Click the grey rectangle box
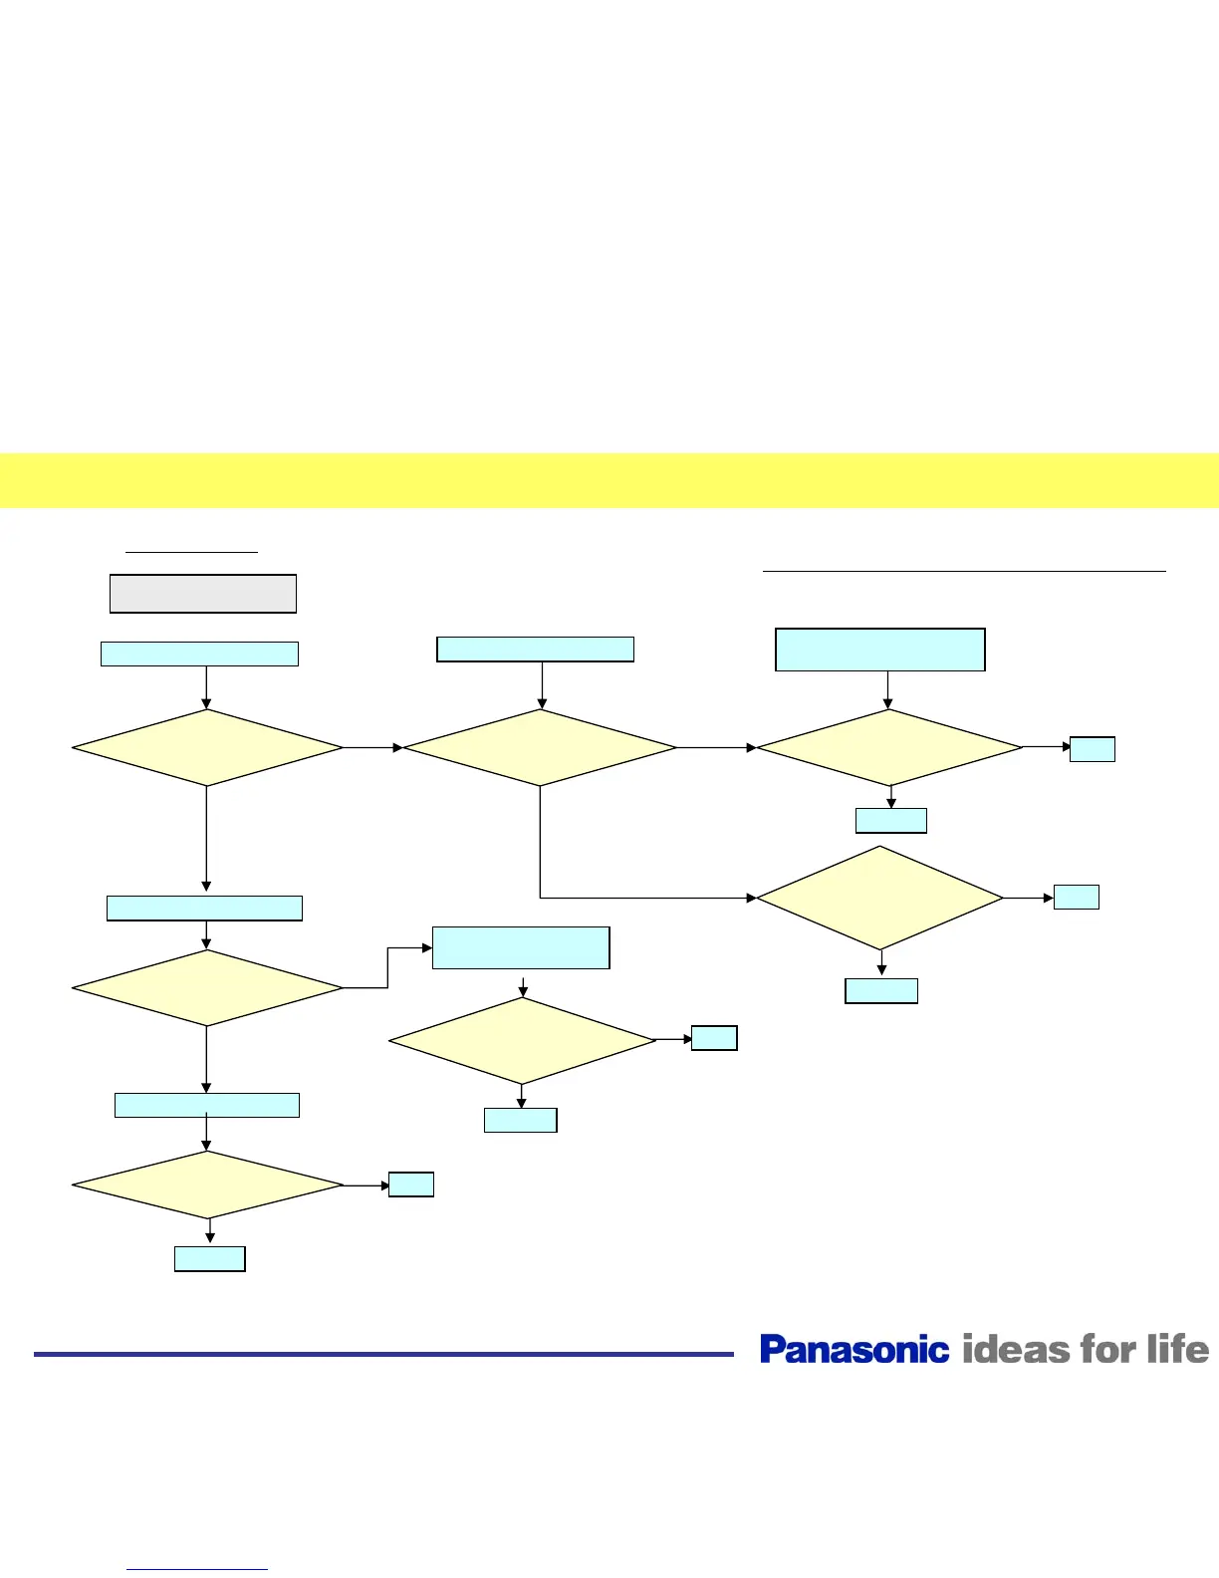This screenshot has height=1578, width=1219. click(x=202, y=594)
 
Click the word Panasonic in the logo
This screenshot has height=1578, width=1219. click(x=854, y=1349)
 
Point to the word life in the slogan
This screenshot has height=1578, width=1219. click(x=1177, y=1349)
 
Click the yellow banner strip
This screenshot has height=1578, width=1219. click(x=609, y=480)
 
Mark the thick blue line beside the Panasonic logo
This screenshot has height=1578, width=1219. click(x=383, y=1354)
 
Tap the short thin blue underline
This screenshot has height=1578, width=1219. click(x=197, y=1570)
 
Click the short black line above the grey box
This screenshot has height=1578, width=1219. click(x=191, y=551)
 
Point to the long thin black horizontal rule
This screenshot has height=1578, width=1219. click(x=964, y=572)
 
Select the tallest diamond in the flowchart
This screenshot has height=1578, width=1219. click(x=880, y=898)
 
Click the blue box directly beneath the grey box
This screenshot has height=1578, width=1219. click(x=199, y=654)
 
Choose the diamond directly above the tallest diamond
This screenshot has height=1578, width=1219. click(x=889, y=747)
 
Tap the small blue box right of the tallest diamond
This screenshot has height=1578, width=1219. click(x=1077, y=897)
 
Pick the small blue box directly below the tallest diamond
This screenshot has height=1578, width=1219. click(x=881, y=990)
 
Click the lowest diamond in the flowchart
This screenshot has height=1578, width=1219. click(x=207, y=1184)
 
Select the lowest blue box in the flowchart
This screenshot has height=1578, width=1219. click(x=210, y=1259)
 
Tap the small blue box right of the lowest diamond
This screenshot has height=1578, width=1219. click(x=411, y=1184)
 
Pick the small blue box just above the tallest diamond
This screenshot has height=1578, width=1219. click(x=891, y=821)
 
